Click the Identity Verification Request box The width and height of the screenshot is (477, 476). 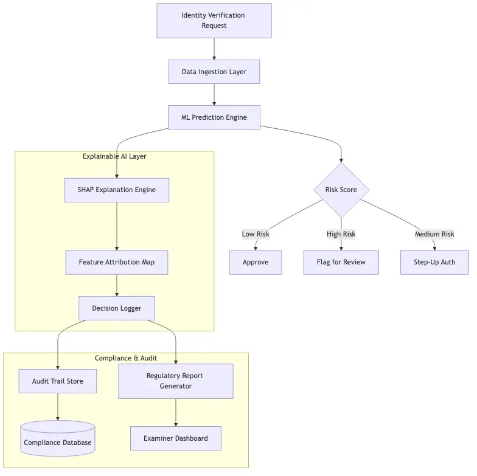click(214, 21)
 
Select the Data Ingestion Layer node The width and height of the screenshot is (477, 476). click(214, 72)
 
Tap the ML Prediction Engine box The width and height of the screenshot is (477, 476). click(214, 117)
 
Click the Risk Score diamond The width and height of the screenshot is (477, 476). click(341, 190)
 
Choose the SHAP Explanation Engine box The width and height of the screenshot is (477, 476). click(116, 190)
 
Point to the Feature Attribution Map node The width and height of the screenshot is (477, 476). click(116, 262)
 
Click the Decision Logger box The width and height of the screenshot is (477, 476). click(116, 308)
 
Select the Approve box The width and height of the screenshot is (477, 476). click(255, 262)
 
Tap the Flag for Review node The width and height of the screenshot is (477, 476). click(341, 262)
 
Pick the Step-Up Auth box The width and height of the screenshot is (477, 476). click(434, 262)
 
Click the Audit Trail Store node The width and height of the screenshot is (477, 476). click(58, 381)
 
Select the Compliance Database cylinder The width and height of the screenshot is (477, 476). click(58, 443)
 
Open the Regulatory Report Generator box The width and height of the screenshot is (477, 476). click(175, 381)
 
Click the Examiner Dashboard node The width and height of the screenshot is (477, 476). click(175, 438)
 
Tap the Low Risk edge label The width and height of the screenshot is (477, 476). click(255, 234)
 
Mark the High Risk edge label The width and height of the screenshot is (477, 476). click(341, 234)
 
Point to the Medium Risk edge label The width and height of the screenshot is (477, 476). click(434, 234)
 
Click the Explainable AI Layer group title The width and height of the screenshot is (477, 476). click(114, 156)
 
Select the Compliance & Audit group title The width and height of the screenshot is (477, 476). click(126, 358)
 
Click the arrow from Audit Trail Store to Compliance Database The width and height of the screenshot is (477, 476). click(58, 407)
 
